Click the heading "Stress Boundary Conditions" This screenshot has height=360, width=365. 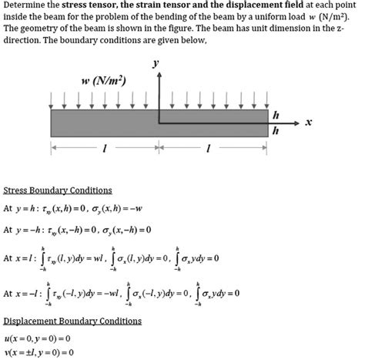[x=58, y=190]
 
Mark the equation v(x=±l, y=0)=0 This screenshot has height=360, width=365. [x=39, y=352]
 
